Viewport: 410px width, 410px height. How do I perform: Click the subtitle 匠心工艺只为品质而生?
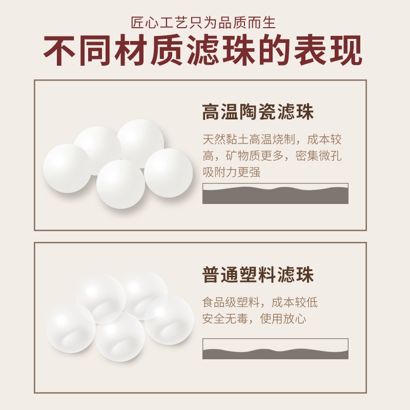(203, 23)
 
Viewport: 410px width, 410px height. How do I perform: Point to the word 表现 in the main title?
(327, 50)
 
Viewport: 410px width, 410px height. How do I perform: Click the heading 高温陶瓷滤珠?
(258, 112)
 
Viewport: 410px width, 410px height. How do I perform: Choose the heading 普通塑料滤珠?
(258, 275)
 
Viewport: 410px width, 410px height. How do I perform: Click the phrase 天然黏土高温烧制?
(249, 139)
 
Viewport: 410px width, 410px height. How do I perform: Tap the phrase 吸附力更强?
(232, 172)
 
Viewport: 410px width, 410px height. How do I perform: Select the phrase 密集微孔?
(318, 156)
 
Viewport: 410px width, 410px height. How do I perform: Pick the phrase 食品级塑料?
(231, 302)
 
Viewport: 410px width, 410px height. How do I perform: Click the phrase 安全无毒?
(225, 319)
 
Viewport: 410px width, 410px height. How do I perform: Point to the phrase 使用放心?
(283, 319)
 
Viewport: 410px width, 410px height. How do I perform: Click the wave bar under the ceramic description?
(275, 194)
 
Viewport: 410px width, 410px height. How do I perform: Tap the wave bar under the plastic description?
(275, 349)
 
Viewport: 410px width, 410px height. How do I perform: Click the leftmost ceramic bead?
(68, 169)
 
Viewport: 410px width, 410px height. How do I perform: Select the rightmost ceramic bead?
(169, 173)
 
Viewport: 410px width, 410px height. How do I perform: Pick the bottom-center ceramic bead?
(120, 184)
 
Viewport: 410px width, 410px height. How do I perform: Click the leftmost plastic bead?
(70, 328)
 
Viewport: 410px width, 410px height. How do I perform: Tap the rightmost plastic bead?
(169, 320)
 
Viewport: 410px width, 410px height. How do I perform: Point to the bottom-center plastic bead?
(120, 337)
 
